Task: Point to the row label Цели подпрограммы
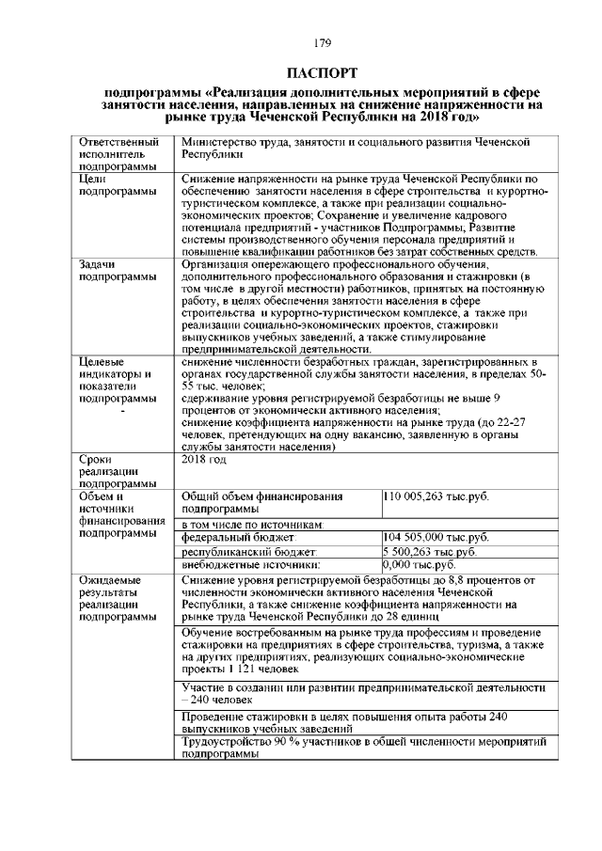116,184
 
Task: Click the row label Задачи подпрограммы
116,271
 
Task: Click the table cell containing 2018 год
205,460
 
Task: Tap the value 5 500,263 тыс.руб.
429,552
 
